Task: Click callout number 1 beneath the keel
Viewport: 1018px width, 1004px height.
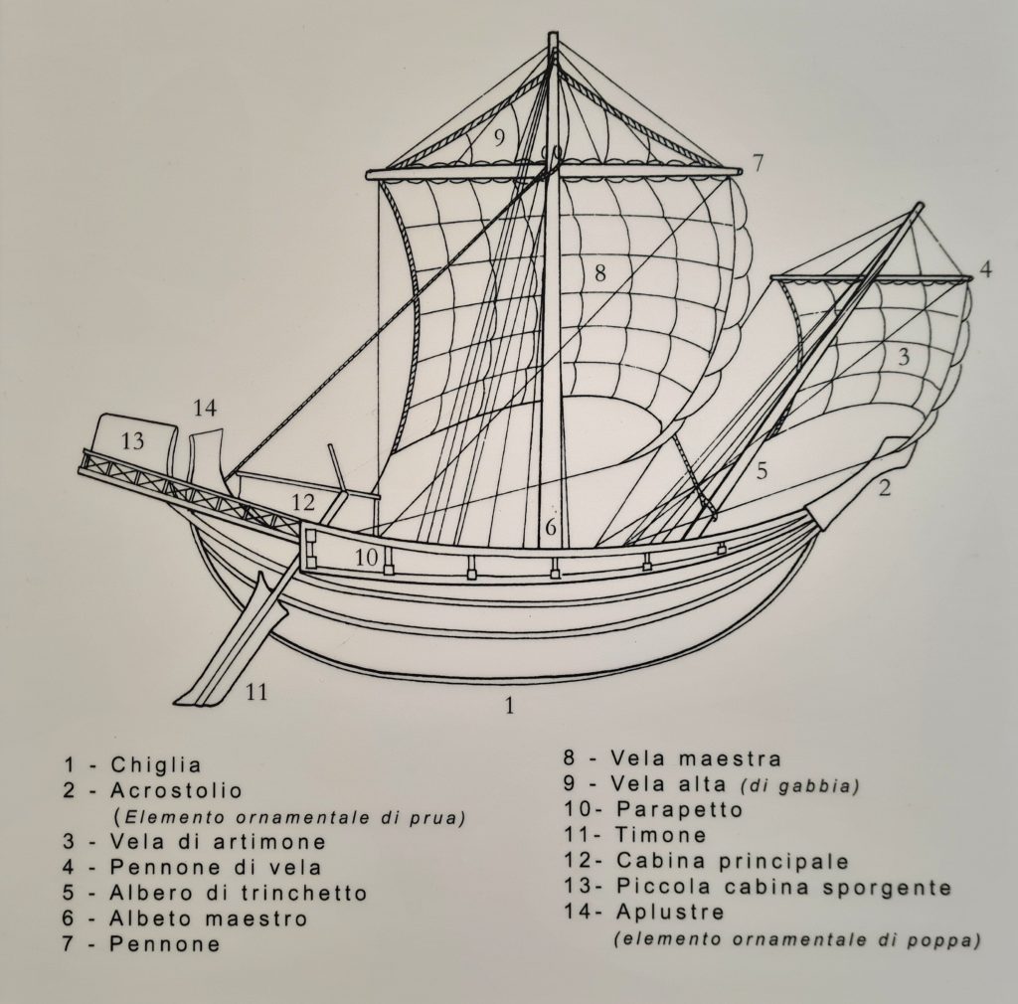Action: (509, 707)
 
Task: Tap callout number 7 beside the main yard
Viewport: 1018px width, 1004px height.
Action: (758, 162)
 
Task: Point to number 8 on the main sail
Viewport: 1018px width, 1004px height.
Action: (599, 273)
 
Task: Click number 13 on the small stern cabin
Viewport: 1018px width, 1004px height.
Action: (132, 441)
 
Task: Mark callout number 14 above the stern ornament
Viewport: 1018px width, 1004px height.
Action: (205, 408)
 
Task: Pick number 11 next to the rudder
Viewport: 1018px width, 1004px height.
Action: (256, 692)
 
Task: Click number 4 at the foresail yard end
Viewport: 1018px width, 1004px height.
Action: (984, 268)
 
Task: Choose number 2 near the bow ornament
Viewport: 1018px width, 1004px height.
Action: (884, 486)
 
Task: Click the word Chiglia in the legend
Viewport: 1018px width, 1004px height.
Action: (156, 765)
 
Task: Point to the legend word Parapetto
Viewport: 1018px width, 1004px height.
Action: (680, 810)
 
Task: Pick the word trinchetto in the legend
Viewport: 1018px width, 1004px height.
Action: (303, 893)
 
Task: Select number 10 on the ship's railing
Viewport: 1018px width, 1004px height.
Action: (367, 558)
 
